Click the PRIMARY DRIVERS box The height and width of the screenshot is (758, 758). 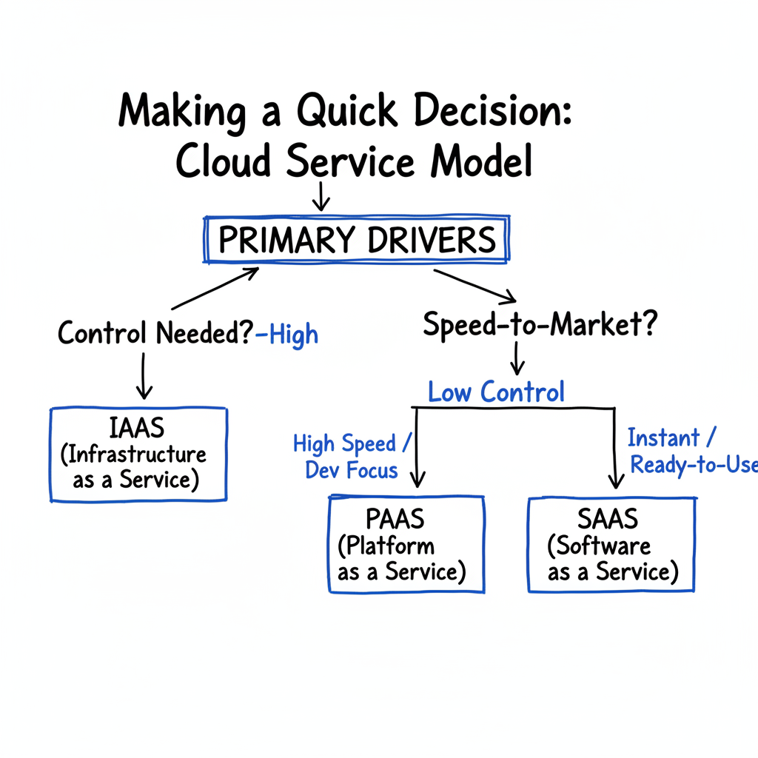(x=356, y=239)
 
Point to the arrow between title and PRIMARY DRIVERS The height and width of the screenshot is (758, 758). (x=320, y=197)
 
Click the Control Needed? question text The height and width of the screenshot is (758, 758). (x=155, y=334)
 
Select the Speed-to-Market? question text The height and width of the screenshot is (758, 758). (x=539, y=324)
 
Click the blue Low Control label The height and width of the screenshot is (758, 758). (x=496, y=392)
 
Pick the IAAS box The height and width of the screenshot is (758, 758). (x=138, y=453)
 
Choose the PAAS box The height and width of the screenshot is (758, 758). (x=406, y=544)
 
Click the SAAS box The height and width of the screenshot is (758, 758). (x=611, y=544)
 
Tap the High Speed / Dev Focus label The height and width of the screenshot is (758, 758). (x=352, y=456)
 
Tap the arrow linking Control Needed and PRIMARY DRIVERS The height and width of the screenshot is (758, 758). (x=215, y=289)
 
